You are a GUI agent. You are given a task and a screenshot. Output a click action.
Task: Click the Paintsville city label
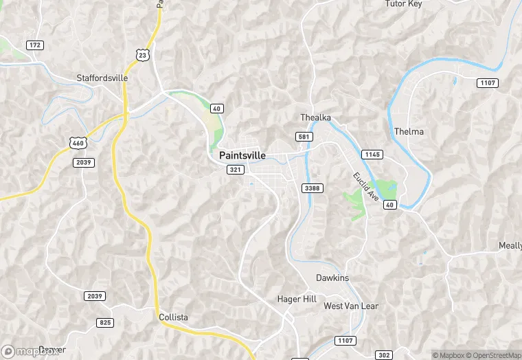[242, 155]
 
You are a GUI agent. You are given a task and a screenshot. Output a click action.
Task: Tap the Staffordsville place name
[102, 78]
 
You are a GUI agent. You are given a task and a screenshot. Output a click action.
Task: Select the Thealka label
[316, 117]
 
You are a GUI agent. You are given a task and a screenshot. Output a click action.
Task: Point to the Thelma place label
[409, 131]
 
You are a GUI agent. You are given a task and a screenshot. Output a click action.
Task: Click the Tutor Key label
[404, 4]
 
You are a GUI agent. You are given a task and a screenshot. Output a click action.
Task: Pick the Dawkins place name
[332, 278]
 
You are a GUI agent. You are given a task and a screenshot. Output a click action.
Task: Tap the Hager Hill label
[296, 299]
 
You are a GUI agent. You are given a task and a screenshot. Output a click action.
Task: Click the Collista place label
[173, 317]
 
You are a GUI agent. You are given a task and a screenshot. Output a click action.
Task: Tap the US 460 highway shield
[77, 142]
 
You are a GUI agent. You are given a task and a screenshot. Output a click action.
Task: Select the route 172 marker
[35, 45]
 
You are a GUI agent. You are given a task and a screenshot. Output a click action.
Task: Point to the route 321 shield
[236, 169]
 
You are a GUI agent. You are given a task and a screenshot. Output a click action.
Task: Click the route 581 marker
[304, 137]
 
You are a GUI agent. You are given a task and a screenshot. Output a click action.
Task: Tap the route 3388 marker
[312, 188]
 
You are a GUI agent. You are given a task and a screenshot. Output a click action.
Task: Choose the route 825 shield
[105, 322]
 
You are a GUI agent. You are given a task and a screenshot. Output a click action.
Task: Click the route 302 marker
[385, 355]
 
